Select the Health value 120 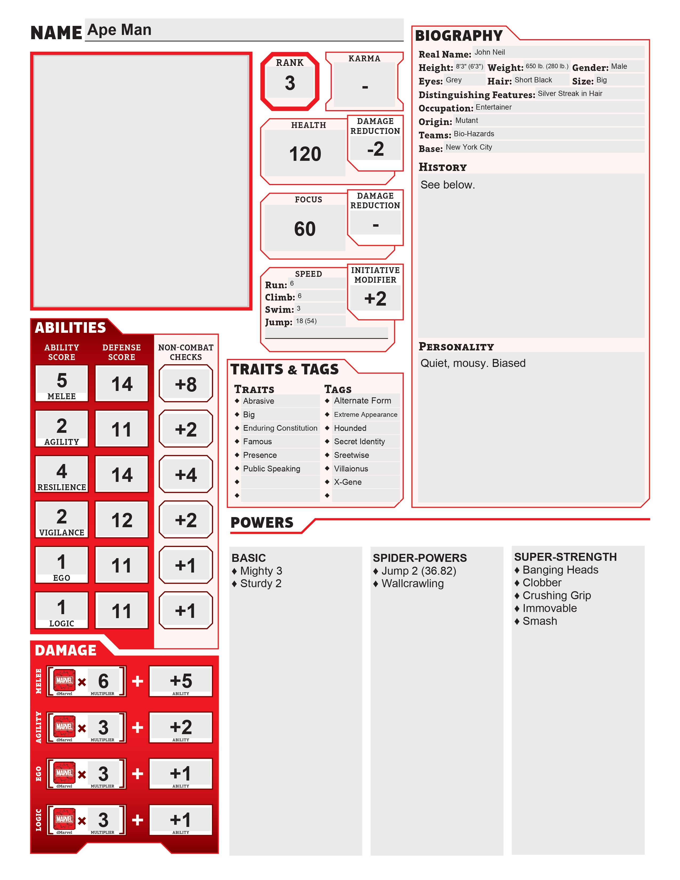305,154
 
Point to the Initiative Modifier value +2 375,299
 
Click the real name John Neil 489,52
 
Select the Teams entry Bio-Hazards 474,134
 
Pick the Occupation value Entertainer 494,107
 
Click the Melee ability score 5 62,380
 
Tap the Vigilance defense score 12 122,520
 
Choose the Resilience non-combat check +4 186,475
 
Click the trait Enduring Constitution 280,428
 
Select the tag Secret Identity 359,442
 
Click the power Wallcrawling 413,583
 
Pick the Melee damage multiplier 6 103,681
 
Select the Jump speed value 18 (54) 306,321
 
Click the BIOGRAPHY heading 459,36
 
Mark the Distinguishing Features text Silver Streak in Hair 570,94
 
